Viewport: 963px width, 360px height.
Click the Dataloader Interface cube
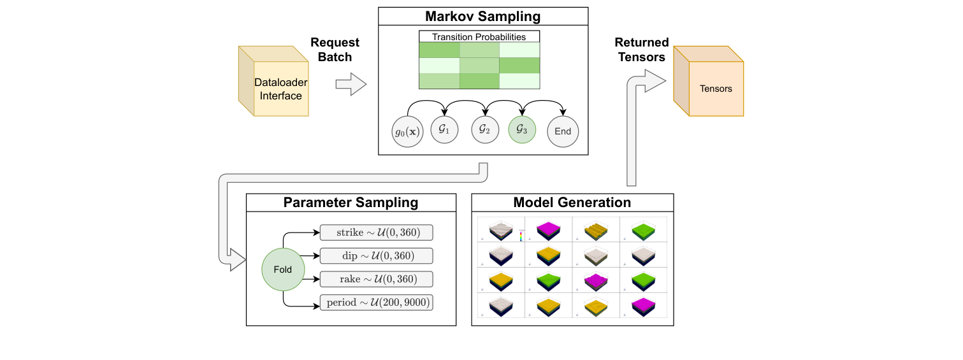(x=273, y=81)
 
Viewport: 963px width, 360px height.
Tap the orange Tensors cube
(x=709, y=81)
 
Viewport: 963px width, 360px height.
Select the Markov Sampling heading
(x=482, y=17)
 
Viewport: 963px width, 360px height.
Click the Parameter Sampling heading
(x=351, y=203)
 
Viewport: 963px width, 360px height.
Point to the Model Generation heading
(x=572, y=203)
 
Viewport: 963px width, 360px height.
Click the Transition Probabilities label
(x=479, y=37)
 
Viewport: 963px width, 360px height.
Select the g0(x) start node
(x=408, y=132)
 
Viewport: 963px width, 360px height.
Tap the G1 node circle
(x=445, y=129)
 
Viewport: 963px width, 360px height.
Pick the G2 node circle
(x=484, y=129)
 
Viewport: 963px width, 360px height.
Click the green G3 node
(x=522, y=129)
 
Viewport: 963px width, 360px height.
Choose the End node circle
(x=563, y=132)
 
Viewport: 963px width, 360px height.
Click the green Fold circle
(x=283, y=270)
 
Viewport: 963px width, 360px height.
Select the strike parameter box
(x=376, y=232)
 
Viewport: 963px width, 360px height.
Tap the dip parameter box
(x=376, y=256)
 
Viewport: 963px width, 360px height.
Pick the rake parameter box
(x=376, y=279)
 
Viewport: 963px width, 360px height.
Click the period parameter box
(x=376, y=303)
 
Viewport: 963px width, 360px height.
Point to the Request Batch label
(x=335, y=50)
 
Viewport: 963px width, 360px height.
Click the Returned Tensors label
(x=641, y=50)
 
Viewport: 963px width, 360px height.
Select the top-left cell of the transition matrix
(x=438, y=50)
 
